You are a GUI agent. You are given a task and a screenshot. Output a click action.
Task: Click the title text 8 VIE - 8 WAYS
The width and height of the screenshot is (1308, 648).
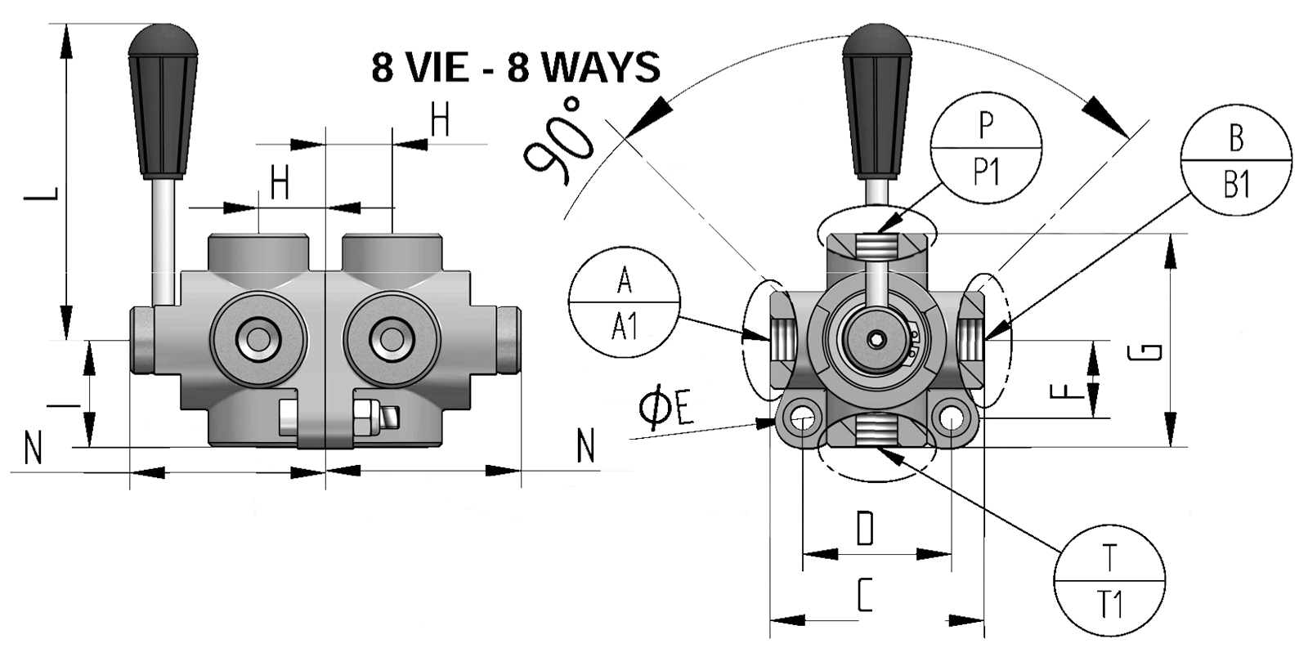tap(515, 67)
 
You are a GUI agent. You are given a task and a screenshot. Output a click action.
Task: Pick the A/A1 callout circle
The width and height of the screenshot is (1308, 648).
tap(625, 303)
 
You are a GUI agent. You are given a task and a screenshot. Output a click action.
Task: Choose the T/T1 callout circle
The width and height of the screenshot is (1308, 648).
tap(1109, 581)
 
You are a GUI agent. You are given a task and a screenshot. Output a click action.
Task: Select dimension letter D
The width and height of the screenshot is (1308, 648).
tap(865, 529)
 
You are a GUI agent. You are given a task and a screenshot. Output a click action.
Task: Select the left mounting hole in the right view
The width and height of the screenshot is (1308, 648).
tap(800, 418)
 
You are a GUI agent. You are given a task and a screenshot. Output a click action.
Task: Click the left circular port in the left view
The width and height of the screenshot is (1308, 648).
tap(258, 336)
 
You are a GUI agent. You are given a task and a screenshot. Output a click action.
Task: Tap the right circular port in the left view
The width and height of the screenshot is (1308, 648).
tap(393, 336)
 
